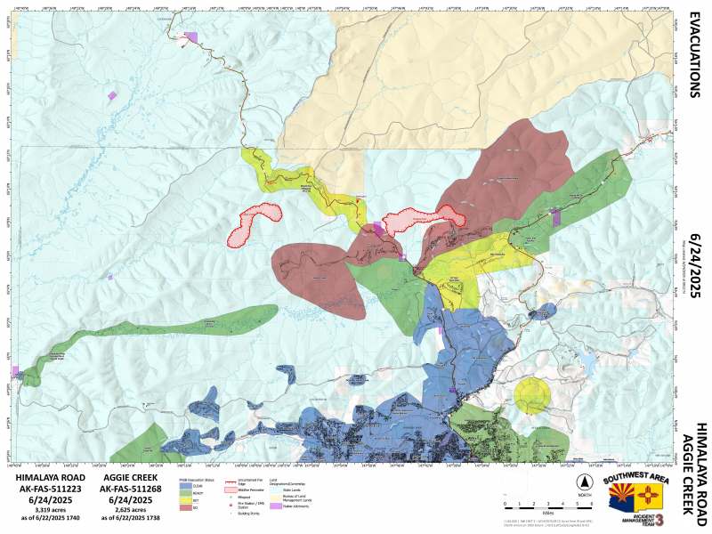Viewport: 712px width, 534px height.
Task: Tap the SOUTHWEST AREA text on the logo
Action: pyautogui.click(x=635, y=479)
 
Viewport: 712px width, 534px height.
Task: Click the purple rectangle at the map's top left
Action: pyautogui.click(x=190, y=37)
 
